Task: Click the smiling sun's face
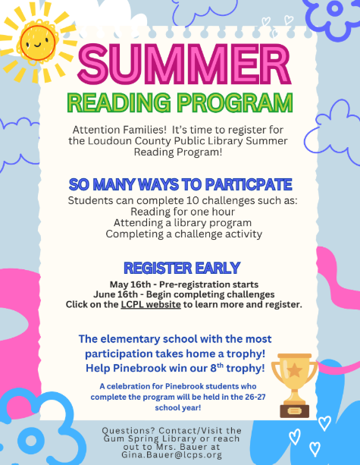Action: (x=37, y=43)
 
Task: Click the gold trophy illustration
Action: (x=294, y=385)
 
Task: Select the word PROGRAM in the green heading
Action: (x=235, y=102)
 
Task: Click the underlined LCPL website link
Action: (x=151, y=304)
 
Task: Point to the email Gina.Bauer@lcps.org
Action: (x=171, y=455)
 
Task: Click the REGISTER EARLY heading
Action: (x=182, y=268)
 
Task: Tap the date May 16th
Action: (x=130, y=284)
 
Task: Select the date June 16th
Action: (x=115, y=294)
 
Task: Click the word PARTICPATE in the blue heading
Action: (x=249, y=184)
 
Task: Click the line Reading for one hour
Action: (x=183, y=212)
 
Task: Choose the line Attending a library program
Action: (x=183, y=223)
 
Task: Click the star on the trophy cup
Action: (x=294, y=370)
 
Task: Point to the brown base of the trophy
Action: (x=295, y=411)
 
